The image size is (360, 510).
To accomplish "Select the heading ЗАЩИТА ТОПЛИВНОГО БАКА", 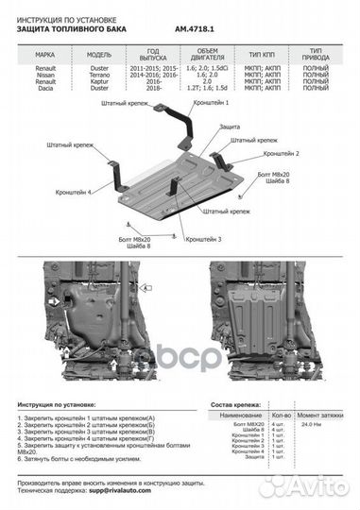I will point(73,30).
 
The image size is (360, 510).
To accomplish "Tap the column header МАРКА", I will point(34,54).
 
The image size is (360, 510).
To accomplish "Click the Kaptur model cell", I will point(83,83).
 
